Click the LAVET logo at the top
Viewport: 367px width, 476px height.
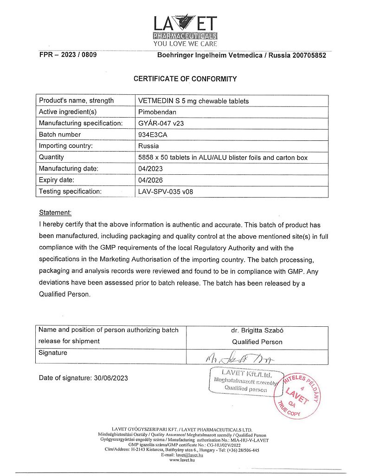click(x=185, y=29)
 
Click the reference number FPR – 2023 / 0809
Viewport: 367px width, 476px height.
click(x=68, y=55)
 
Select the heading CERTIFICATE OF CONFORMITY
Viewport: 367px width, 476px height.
click(x=185, y=79)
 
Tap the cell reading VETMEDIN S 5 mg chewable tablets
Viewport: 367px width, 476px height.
click(x=193, y=101)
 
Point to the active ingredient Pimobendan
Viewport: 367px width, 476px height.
click(x=158, y=112)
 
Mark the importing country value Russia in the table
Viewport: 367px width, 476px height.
click(x=148, y=146)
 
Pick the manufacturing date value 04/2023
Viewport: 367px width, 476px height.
click(x=151, y=169)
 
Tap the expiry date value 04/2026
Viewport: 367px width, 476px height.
click(x=151, y=180)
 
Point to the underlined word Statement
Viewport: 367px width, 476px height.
click(x=55, y=213)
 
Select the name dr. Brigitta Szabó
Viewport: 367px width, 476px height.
click(x=257, y=331)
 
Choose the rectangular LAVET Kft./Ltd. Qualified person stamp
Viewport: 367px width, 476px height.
click(x=246, y=381)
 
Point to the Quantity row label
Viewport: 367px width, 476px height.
click(x=52, y=157)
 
